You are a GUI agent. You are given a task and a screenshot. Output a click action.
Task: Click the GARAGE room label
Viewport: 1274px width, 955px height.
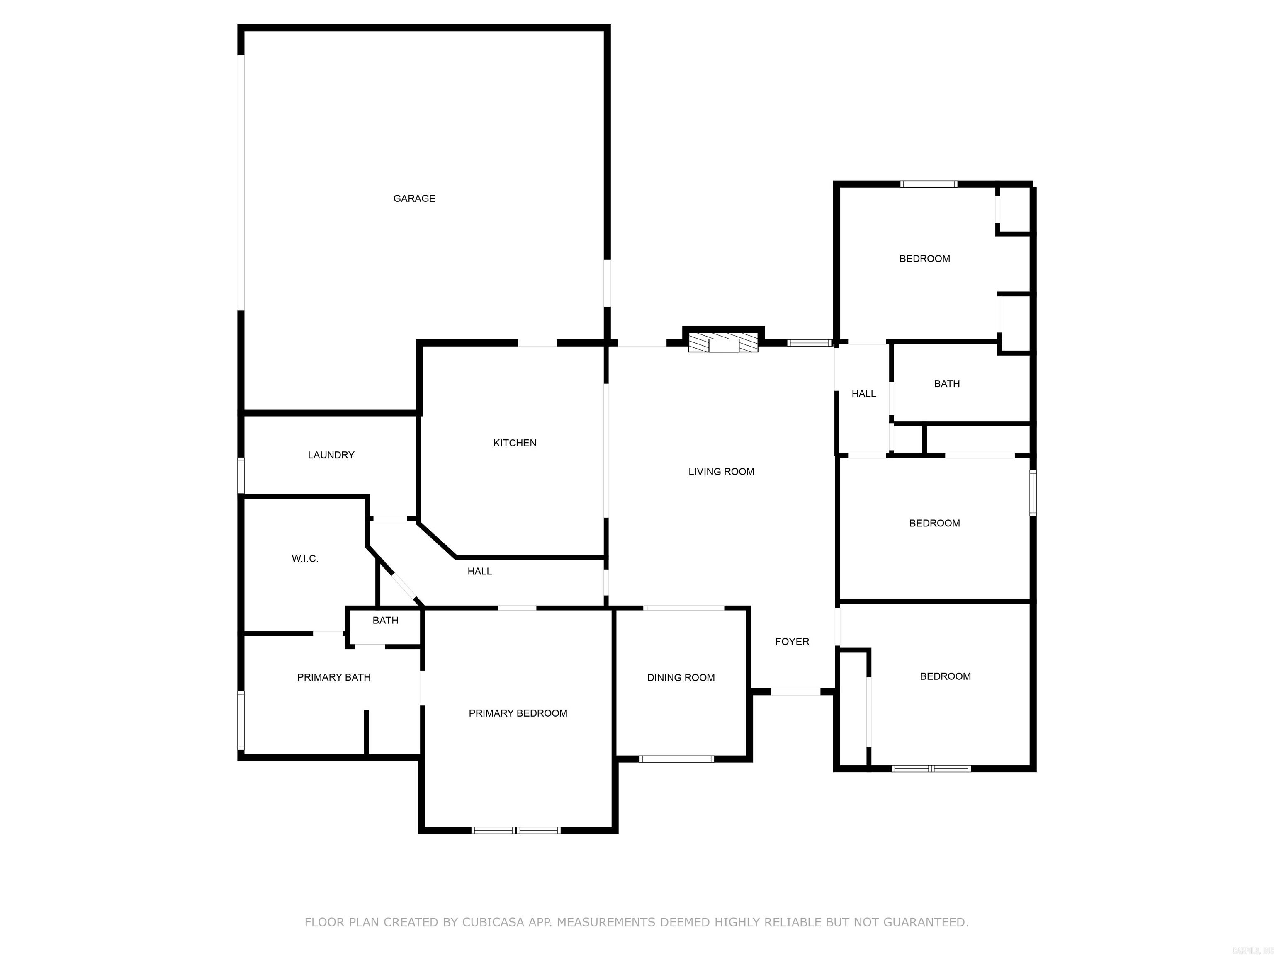[x=414, y=199]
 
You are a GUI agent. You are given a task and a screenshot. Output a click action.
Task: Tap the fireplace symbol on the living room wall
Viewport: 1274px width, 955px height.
[x=723, y=344]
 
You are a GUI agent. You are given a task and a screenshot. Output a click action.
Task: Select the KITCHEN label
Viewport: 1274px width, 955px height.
[x=515, y=443]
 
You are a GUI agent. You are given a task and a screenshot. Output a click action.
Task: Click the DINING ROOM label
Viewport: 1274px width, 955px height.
[x=681, y=678]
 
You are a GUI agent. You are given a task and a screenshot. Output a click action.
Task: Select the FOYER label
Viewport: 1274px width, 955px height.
[x=792, y=641]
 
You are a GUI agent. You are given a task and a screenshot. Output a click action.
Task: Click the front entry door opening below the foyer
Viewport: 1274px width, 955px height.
[x=795, y=691]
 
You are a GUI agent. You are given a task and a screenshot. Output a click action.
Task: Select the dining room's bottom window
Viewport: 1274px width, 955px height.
[x=677, y=759]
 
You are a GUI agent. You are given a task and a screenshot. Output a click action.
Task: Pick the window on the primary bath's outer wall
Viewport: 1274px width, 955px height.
[x=241, y=721]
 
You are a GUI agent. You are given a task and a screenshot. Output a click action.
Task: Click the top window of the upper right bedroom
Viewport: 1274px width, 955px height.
[x=929, y=184]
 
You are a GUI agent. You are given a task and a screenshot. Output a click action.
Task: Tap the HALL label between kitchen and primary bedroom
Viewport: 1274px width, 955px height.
[x=479, y=571]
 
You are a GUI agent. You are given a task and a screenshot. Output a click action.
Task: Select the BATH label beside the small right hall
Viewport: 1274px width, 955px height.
[x=947, y=383]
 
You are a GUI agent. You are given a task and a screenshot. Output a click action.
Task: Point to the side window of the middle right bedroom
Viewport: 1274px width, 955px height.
[x=1033, y=493]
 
